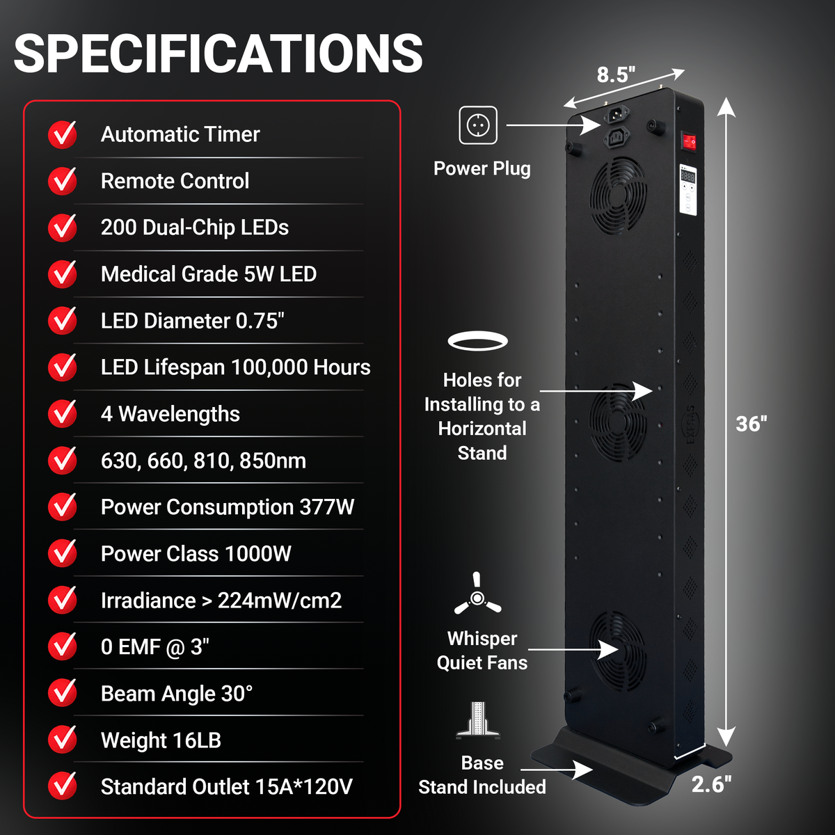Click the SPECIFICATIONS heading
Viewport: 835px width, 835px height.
pyautogui.click(x=218, y=54)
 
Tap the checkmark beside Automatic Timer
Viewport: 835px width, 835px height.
pyautogui.click(x=63, y=134)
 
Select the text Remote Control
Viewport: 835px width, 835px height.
pyautogui.click(x=175, y=181)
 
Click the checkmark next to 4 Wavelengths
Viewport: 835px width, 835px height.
pyautogui.click(x=63, y=413)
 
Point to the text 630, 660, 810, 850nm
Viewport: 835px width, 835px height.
pyautogui.click(x=203, y=461)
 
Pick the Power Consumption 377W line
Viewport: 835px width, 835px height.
pyautogui.click(x=228, y=507)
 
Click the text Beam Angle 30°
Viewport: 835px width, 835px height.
pyautogui.click(x=177, y=694)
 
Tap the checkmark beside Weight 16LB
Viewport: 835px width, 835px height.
pyautogui.click(x=63, y=740)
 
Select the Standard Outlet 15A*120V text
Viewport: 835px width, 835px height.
pyautogui.click(x=227, y=786)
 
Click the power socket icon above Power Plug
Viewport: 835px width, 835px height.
pyautogui.click(x=478, y=125)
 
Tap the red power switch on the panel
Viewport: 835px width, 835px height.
pyautogui.click(x=689, y=142)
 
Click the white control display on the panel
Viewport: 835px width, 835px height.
pyautogui.click(x=687, y=189)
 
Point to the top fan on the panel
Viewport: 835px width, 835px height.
pyautogui.click(x=619, y=195)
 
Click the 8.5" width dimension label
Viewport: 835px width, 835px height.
pyautogui.click(x=616, y=74)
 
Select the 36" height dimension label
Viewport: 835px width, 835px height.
pyautogui.click(x=751, y=424)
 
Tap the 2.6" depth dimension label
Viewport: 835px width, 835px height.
pyautogui.click(x=711, y=784)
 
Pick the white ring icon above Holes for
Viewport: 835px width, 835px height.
pyautogui.click(x=477, y=341)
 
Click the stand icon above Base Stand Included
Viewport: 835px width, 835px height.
pyautogui.click(x=477, y=720)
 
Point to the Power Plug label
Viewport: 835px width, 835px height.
pyautogui.click(x=482, y=168)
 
